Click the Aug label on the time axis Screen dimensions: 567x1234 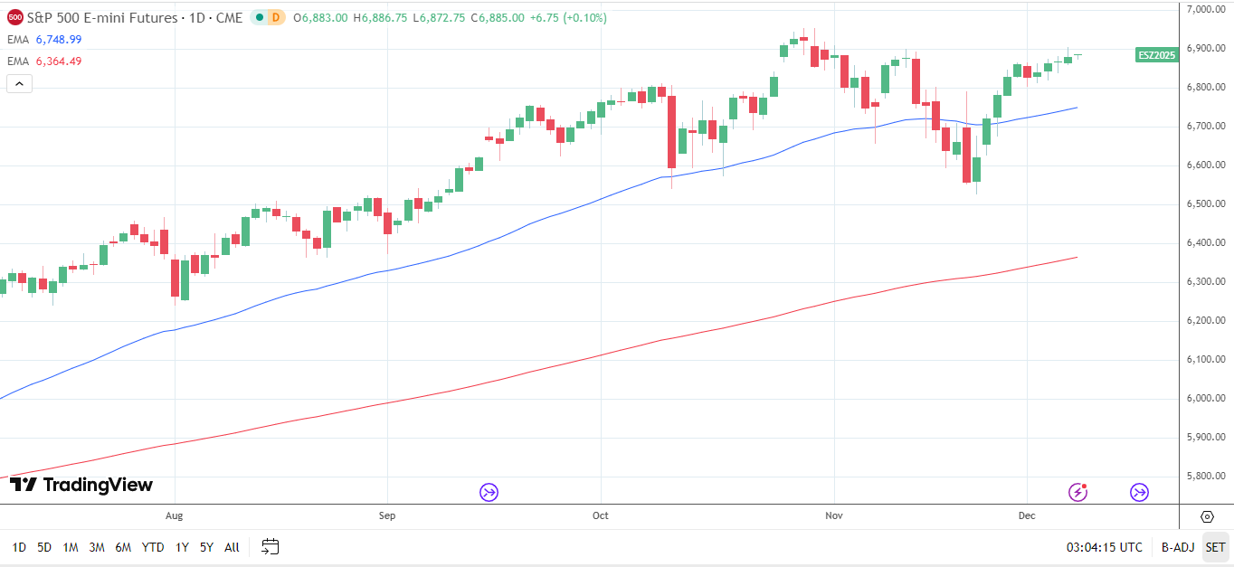tap(175, 516)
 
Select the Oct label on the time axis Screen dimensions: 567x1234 tap(601, 516)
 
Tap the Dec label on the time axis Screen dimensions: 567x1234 tap(1027, 516)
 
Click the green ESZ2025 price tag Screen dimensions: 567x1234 tap(1156, 55)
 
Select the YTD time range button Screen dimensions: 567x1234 tap(153, 547)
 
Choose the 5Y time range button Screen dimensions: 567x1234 tap(207, 547)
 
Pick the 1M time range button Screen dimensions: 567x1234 tap(71, 547)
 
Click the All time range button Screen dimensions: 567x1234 tap(233, 547)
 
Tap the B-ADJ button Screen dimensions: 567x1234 tap(1178, 547)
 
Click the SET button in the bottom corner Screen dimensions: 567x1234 tap(1215, 547)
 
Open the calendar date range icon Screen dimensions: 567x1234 tap(271, 546)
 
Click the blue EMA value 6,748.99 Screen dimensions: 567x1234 tap(59, 40)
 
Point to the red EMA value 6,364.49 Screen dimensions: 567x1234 tap(59, 61)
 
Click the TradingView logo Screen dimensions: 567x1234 tap(81, 486)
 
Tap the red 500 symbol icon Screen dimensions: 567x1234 tap(15, 17)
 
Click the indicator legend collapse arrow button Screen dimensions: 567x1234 tap(20, 84)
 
